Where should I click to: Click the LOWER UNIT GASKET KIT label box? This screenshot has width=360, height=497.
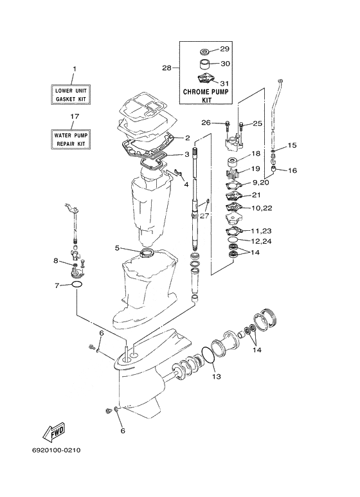tap(71, 95)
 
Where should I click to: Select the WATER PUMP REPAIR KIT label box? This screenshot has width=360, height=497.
tap(71, 139)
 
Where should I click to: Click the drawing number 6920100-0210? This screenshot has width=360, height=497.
tap(57, 450)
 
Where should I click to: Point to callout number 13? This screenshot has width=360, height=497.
tap(217, 377)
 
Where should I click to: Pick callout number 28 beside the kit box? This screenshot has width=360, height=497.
tap(166, 68)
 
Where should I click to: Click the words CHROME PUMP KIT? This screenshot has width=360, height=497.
tap(206, 96)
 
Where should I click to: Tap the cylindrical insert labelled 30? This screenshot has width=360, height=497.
tap(206, 65)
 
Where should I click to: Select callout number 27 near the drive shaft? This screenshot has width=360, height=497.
tap(204, 216)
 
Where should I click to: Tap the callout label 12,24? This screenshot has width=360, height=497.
tap(261, 241)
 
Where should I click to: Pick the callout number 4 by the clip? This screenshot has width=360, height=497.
tap(186, 184)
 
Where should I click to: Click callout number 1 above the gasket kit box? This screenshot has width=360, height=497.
tap(75, 69)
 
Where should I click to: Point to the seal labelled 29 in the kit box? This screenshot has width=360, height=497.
tap(206, 51)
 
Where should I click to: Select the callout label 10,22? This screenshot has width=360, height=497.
tap(262, 208)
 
